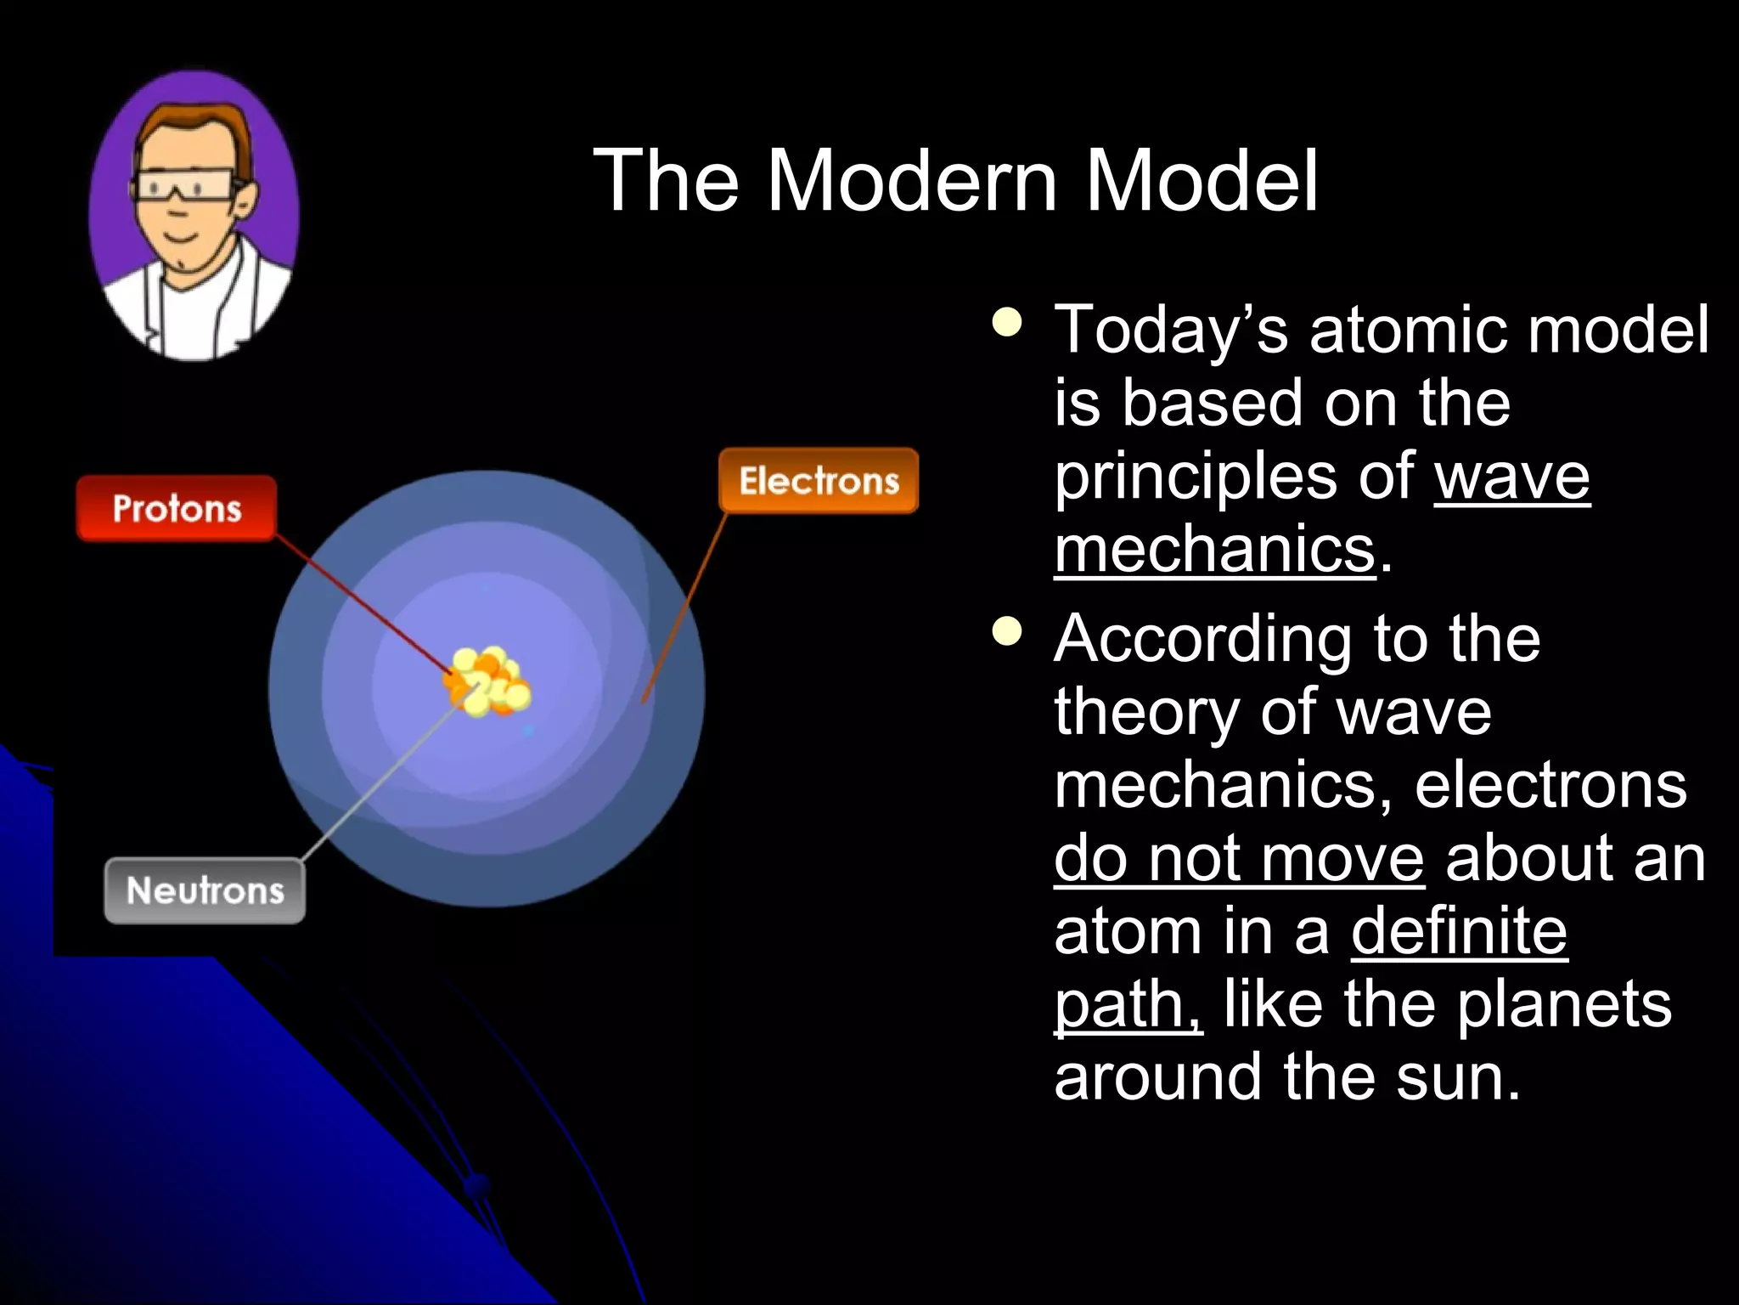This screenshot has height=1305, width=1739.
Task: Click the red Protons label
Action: (x=177, y=509)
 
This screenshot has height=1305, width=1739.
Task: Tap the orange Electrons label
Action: (x=819, y=481)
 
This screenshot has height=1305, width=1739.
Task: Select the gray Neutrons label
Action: (x=205, y=890)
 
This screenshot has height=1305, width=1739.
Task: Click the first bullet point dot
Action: (x=1007, y=322)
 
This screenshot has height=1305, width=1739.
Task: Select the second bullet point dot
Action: (x=1007, y=631)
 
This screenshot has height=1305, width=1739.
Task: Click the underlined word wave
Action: (x=1511, y=477)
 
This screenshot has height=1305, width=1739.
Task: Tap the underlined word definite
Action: (x=1458, y=932)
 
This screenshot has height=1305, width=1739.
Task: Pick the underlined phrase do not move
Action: (x=1239, y=859)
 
